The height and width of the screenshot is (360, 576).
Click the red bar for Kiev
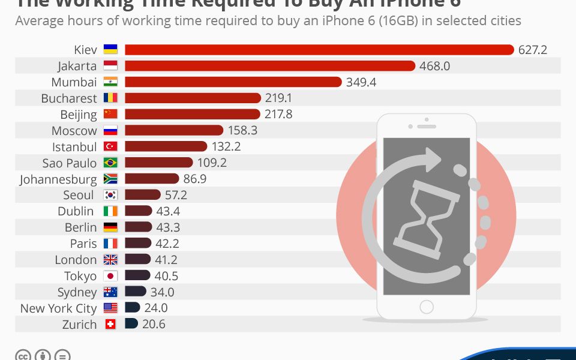[x=319, y=50]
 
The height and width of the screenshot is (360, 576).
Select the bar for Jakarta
[x=270, y=66]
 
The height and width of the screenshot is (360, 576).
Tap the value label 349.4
[x=361, y=82]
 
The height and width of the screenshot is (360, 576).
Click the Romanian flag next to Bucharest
[x=110, y=98]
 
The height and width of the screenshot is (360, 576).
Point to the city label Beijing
[x=78, y=115]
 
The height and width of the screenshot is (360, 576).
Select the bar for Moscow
[x=174, y=130]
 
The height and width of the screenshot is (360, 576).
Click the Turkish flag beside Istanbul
[x=110, y=146]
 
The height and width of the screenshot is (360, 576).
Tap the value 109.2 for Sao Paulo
[x=212, y=163]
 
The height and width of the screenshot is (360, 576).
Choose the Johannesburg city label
[x=58, y=179]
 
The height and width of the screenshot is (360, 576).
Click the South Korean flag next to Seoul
[x=110, y=195]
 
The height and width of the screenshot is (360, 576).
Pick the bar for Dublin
[x=139, y=211]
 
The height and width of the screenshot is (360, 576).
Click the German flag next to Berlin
[x=110, y=227]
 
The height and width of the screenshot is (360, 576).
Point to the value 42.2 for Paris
[x=167, y=244]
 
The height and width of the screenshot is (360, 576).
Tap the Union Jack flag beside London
[x=110, y=260]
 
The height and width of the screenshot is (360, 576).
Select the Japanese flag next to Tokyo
[x=110, y=276]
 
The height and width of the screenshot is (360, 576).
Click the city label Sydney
[x=77, y=292]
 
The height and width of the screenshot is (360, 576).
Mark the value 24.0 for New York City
[x=155, y=308]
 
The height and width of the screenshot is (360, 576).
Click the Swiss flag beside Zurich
[x=110, y=324]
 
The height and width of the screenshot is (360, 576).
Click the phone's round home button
[x=426, y=307]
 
